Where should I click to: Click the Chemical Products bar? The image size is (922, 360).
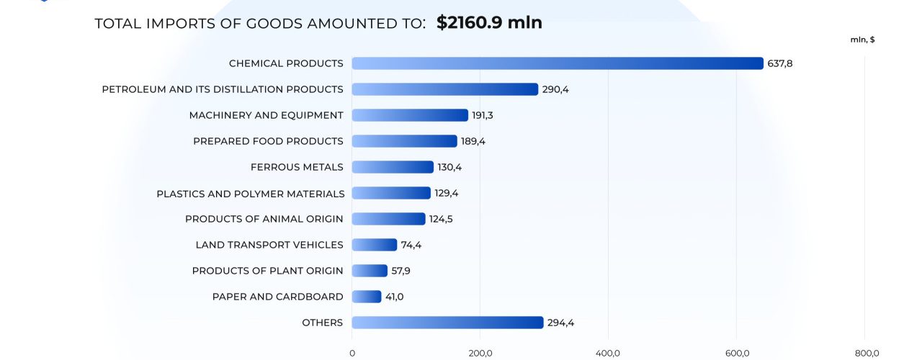(557, 63)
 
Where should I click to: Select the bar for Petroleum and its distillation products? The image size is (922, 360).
(444, 89)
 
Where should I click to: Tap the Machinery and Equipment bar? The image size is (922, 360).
(410, 115)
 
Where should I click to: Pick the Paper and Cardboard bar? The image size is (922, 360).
(366, 297)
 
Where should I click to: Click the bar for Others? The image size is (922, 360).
(447, 323)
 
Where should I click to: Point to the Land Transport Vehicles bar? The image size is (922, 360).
(374, 245)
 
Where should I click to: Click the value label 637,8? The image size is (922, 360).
(780, 63)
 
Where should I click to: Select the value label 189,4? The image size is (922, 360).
(473, 141)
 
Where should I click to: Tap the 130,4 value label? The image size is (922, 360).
(449, 167)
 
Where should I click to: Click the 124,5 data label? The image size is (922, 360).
(441, 219)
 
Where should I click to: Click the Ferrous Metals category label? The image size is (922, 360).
(297, 167)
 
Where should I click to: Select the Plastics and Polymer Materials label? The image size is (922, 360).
(251, 194)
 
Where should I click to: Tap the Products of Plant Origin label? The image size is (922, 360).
(267, 271)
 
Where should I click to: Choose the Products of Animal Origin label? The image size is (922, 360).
(264, 219)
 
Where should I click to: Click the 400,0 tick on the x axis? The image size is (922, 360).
(608, 353)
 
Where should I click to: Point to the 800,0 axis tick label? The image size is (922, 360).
(867, 353)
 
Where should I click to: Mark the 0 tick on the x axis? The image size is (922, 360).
(352, 353)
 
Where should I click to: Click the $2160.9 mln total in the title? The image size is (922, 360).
(489, 23)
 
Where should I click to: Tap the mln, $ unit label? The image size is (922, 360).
(862, 40)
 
